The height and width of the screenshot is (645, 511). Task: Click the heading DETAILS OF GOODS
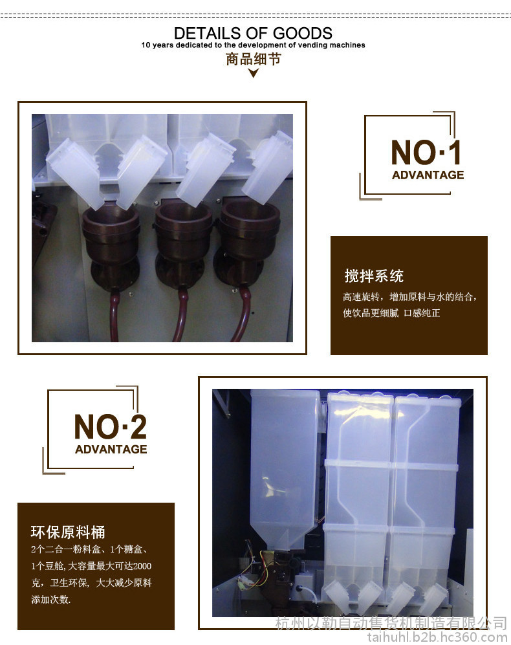point(253,33)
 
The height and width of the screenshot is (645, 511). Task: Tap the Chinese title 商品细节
point(253,60)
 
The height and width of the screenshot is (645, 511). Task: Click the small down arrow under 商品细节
point(254,73)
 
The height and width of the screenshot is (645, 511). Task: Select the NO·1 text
point(426,152)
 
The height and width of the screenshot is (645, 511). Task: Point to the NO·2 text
point(110,426)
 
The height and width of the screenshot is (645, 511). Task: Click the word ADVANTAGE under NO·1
point(428,175)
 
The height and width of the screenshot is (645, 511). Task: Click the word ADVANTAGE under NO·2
point(111,449)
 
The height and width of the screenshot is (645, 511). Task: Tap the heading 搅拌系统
point(374,276)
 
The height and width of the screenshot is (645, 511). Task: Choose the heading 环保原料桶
point(68,532)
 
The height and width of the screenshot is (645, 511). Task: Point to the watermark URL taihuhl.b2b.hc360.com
point(437,637)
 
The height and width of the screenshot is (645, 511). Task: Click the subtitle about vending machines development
point(253,45)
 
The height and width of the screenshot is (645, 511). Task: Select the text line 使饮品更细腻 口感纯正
point(391,313)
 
